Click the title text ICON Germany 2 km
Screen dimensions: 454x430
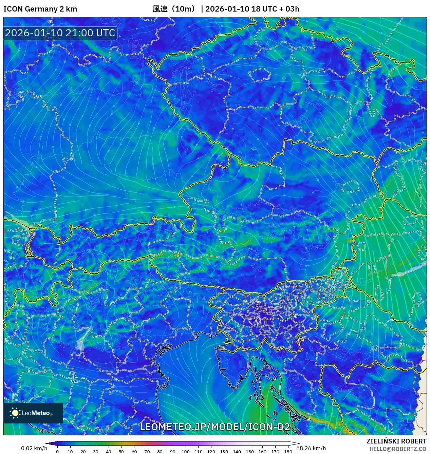[40, 9]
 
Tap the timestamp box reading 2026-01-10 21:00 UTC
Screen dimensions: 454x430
[60, 33]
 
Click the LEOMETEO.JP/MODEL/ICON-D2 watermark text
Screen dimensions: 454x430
[215, 427]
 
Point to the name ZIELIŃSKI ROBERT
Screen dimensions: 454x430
[396, 441]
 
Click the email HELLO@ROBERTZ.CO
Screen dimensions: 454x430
[398, 449]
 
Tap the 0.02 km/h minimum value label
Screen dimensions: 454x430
[34, 448]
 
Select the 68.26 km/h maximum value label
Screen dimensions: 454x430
[311, 448]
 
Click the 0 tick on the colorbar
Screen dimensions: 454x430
[57, 451]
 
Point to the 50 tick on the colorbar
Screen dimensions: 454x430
[121, 451]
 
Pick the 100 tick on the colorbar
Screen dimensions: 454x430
[185, 451]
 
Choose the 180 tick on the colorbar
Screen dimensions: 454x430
[288, 451]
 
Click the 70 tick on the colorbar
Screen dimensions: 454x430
[147, 451]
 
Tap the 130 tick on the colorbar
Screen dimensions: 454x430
[224, 451]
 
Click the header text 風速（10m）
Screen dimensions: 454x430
[174, 9]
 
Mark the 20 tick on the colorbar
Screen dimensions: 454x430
[83, 451]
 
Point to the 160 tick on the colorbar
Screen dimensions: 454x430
[262, 451]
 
